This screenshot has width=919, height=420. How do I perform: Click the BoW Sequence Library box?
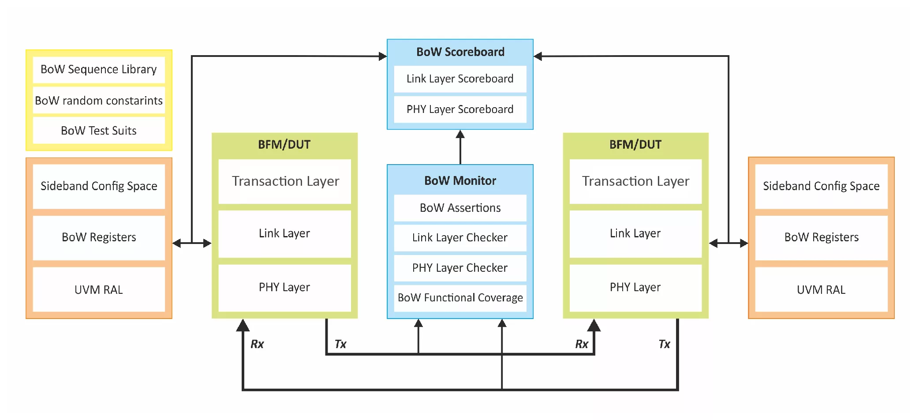tap(99, 70)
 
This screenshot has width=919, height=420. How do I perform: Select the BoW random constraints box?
tap(99, 101)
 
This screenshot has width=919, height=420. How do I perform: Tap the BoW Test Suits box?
tap(99, 131)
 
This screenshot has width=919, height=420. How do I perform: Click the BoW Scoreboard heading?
tap(460, 52)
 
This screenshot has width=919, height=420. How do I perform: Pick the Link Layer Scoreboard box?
tap(460, 79)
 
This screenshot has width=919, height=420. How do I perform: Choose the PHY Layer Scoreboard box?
tap(460, 109)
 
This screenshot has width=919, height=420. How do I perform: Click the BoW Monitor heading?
tap(460, 180)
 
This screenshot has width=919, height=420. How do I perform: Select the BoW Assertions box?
tap(460, 208)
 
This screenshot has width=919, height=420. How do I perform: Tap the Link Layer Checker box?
tap(460, 238)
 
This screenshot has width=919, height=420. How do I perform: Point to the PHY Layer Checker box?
tap(460, 268)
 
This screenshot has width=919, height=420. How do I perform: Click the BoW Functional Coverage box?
tap(460, 298)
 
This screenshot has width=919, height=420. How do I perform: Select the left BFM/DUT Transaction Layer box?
tap(285, 181)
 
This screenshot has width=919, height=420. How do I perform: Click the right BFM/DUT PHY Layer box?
tap(635, 288)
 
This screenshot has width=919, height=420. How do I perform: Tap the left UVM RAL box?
tap(99, 290)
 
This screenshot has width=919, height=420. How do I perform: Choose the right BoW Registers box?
tap(821, 237)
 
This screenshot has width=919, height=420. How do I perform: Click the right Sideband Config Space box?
tap(821, 186)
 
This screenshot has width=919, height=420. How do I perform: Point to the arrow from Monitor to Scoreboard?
tap(460, 147)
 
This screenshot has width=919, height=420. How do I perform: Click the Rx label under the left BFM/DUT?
tap(257, 344)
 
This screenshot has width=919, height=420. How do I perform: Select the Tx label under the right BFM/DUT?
tap(664, 344)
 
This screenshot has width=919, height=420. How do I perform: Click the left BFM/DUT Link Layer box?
tap(285, 233)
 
